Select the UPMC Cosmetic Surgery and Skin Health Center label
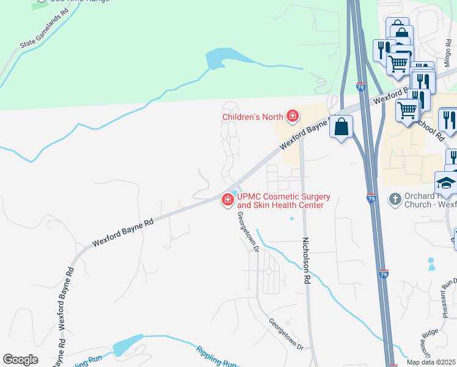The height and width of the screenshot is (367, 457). pos(283,201)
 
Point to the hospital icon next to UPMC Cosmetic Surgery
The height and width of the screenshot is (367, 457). pos(228,199)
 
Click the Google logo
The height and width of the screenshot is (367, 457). pos(20,360)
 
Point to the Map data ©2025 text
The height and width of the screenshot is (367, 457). pos(431,362)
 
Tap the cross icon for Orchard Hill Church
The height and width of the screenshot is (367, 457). pos(395,199)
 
